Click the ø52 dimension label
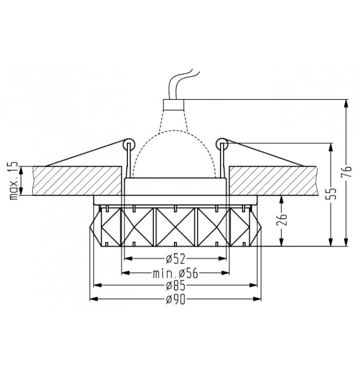pos(176,259)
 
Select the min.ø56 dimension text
pos(176,273)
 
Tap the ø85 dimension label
pos(176,285)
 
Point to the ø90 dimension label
pos(176,299)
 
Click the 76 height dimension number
pos(346,171)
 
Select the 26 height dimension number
pos(281,219)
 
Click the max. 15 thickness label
pos(14,181)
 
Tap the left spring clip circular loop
pos(129,143)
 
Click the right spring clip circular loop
pos(222,143)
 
